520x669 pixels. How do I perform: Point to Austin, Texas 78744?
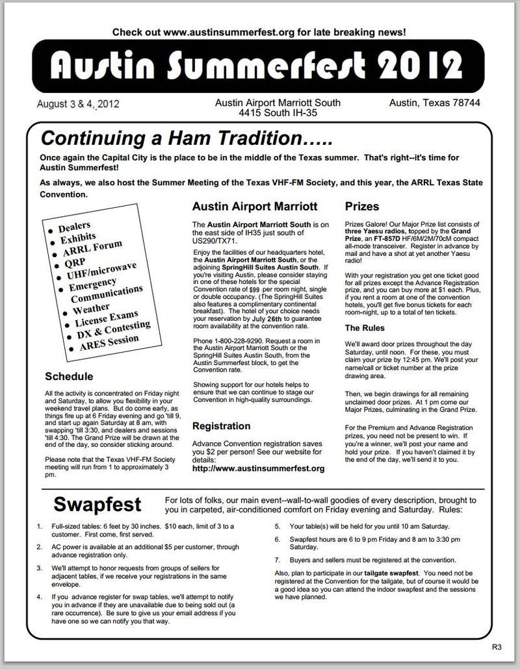point(435,103)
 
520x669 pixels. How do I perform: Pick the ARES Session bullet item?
point(110,342)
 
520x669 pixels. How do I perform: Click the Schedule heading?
point(69,377)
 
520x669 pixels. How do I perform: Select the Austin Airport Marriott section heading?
point(255,207)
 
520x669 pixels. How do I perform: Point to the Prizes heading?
point(362,207)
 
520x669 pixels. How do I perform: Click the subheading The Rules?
point(365,328)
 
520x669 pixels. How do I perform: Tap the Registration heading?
point(221,426)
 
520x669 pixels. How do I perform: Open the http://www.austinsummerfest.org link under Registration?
point(258,468)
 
